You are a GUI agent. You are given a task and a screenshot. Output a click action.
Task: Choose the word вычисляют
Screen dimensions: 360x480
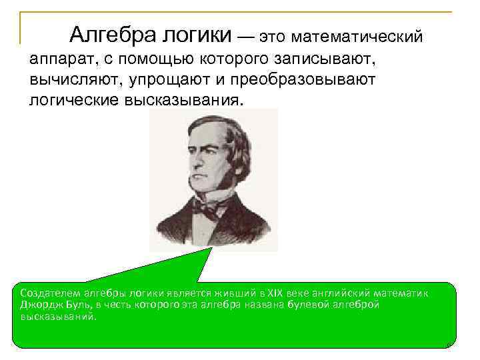click(74, 81)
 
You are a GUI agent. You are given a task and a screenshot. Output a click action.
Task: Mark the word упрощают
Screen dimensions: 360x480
click(177, 81)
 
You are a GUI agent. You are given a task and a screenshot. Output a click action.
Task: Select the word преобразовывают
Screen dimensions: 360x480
click(309, 81)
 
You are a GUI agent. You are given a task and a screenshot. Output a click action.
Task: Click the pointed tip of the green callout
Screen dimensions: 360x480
click(211, 248)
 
